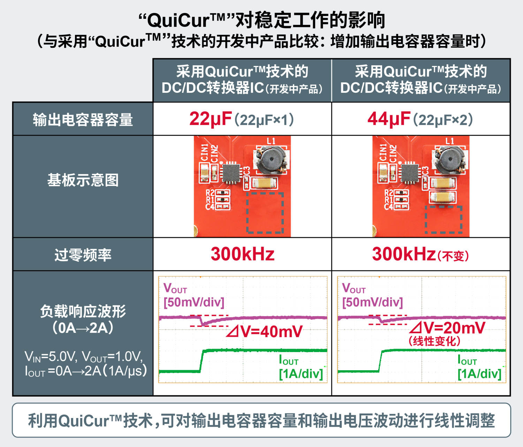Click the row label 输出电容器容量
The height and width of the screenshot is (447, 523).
click(83, 120)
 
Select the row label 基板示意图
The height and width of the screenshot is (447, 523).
click(83, 180)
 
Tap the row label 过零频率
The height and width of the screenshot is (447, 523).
click(83, 255)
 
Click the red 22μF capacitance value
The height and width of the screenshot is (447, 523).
click(210, 119)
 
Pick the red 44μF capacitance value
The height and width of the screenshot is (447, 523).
click(388, 119)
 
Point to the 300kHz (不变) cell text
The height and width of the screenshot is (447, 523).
click(420, 254)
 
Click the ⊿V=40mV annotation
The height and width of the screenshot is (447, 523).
click(264, 331)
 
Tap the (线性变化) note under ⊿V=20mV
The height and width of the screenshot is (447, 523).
click(434, 341)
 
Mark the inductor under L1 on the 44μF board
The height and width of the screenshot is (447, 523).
click(450, 160)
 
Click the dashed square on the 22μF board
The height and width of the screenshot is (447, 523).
click(265, 212)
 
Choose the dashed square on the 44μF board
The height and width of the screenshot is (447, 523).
click(444, 219)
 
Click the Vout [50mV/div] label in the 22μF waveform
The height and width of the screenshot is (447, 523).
click(194, 296)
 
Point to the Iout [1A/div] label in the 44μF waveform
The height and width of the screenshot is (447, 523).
click(479, 367)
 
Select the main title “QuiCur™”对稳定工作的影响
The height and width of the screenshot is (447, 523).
click(261, 20)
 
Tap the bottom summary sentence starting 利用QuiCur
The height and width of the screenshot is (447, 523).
click(261, 420)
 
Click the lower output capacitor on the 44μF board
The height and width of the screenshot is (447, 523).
click(442, 197)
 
